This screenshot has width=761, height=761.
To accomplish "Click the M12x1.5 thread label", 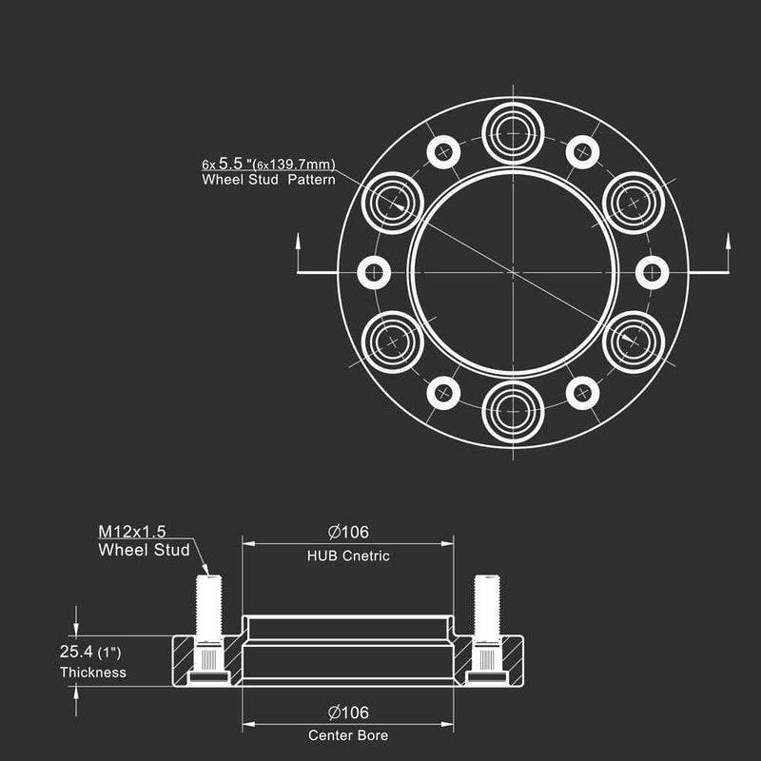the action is pos(132,532).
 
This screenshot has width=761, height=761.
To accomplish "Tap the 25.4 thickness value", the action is pos(76,652).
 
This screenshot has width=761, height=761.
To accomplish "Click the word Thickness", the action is pos(93,673).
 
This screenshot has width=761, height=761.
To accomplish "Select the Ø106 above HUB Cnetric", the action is pos(348,532).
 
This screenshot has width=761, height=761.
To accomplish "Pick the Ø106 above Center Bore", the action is pos(348,712).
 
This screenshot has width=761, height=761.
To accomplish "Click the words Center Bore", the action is pos(348,735).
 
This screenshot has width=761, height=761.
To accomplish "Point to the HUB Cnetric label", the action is pos(348,556).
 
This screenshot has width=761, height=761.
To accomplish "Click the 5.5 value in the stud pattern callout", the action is pos(230,163).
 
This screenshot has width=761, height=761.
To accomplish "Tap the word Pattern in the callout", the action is pos(312,180).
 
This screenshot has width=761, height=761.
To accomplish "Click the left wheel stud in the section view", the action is pos(208,629).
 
